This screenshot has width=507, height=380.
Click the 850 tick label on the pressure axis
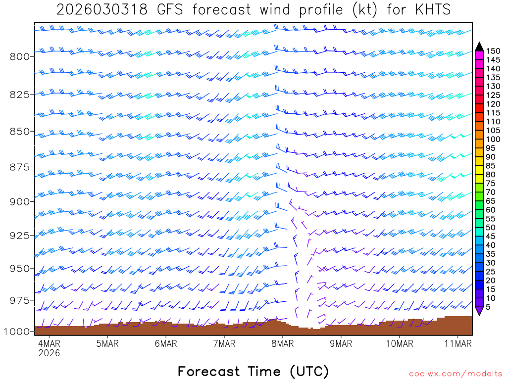click(19, 132)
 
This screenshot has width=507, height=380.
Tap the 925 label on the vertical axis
click(19, 235)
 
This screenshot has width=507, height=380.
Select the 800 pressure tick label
click(19, 56)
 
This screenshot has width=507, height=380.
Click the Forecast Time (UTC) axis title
click(253, 371)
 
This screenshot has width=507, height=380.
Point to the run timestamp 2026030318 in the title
click(102, 10)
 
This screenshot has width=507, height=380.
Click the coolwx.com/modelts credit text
click(455, 373)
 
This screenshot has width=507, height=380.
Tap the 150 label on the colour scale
click(493, 51)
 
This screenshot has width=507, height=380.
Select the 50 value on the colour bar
click(490, 227)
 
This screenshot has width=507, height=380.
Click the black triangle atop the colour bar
click(479, 47)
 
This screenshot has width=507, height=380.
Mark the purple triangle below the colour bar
click(479, 311)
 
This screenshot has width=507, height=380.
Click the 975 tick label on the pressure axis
click(19, 300)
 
